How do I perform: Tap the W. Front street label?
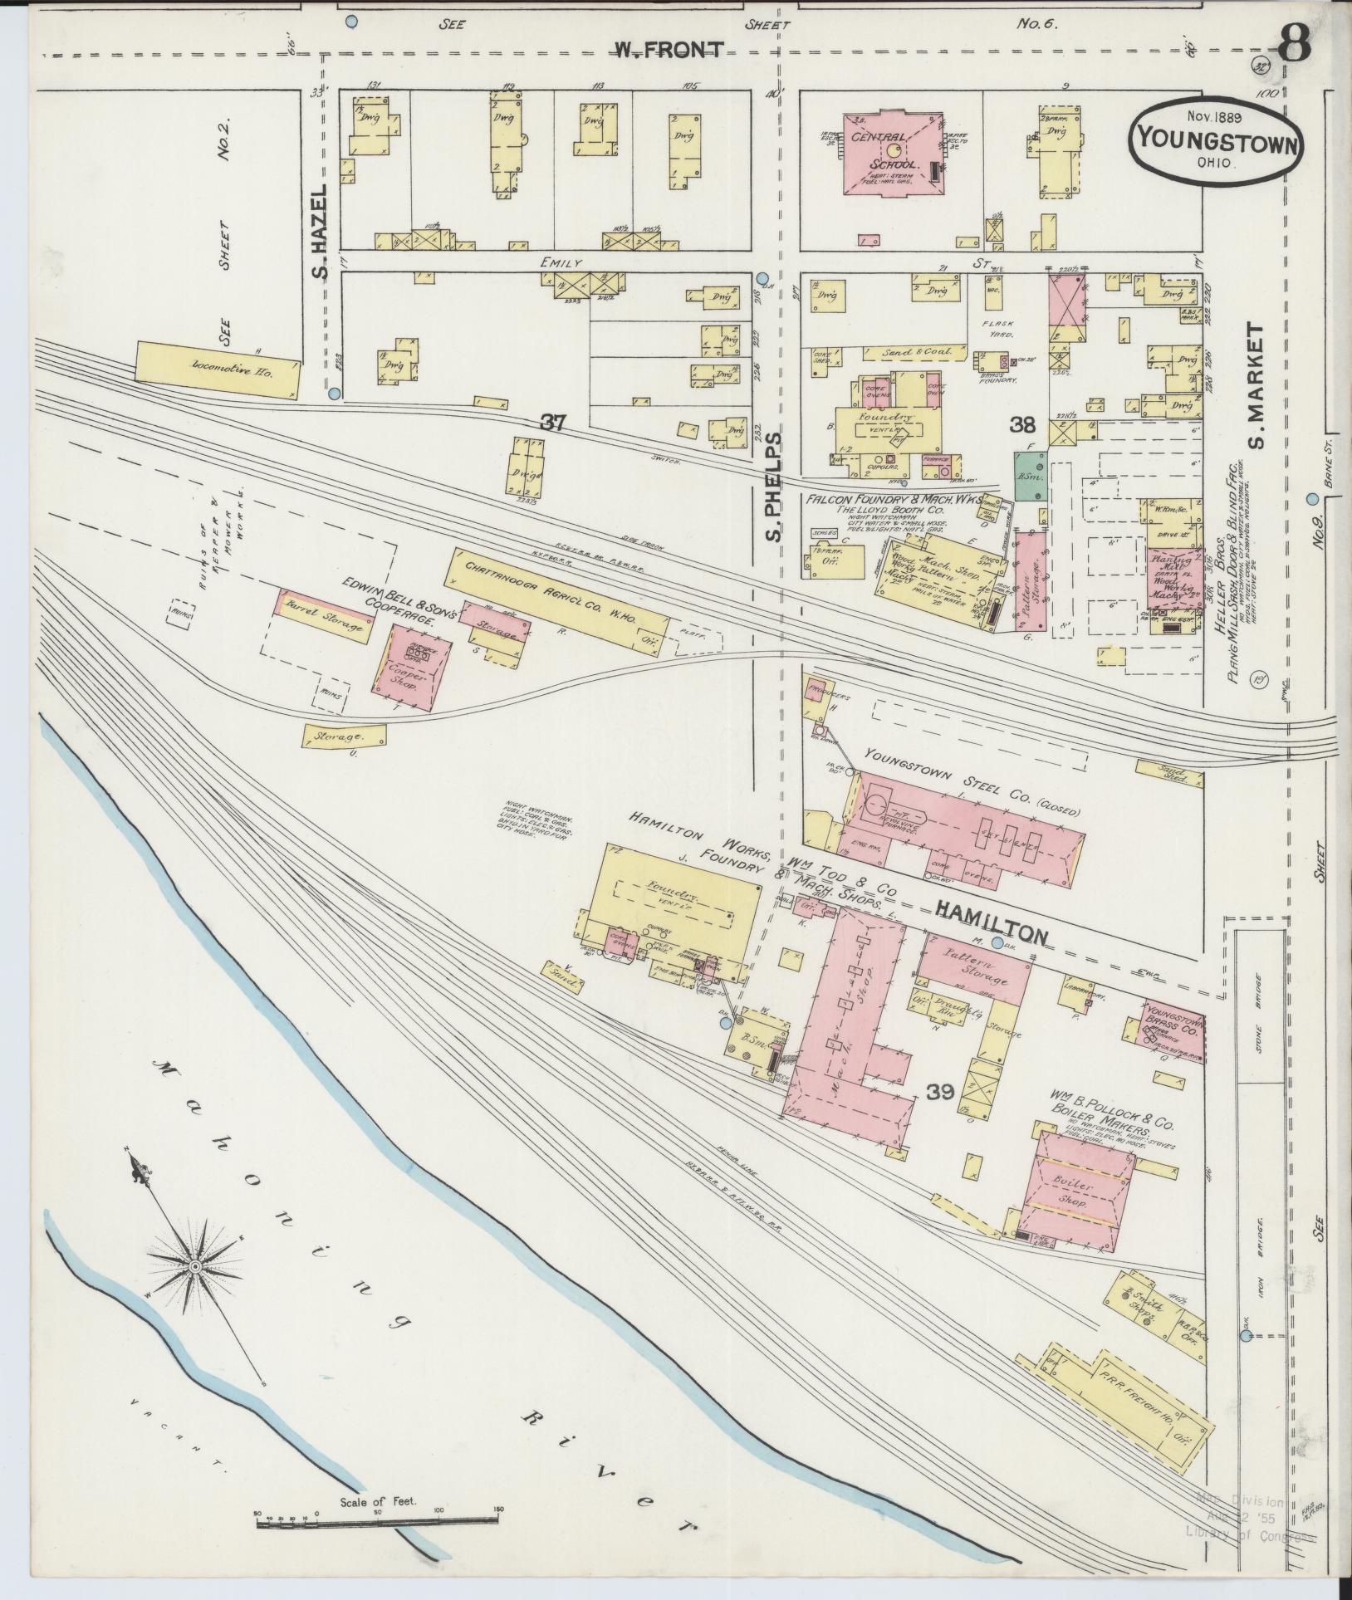coord(669,51)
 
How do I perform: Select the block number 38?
coord(1022,425)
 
